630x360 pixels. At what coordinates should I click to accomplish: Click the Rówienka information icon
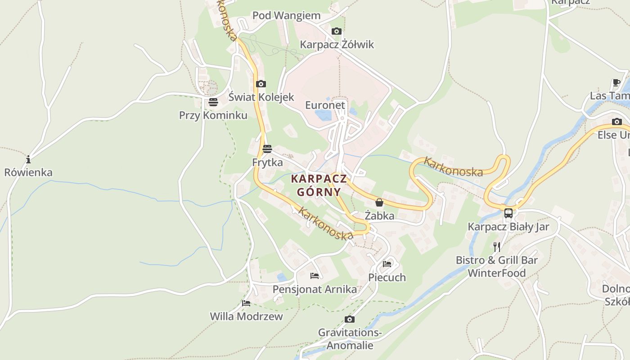(x=28, y=159)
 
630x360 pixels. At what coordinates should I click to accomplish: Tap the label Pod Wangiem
(x=286, y=15)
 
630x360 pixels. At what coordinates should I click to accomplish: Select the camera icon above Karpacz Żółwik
(x=336, y=31)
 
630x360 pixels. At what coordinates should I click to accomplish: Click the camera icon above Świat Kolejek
(x=261, y=84)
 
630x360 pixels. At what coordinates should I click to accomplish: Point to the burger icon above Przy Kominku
(x=213, y=102)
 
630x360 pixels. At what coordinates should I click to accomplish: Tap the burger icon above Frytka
(x=267, y=148)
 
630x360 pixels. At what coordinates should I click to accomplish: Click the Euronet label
(x=325, y=105)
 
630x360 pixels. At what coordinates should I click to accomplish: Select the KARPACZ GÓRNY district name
(x=319, y=185)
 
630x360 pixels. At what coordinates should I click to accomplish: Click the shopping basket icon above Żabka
(x=379, y=202)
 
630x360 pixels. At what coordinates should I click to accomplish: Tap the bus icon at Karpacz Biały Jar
(x=508, y=213)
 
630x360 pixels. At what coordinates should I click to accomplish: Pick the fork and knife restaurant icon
(x=496, y=247)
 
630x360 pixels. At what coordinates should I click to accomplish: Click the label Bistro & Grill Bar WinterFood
(x=496, y=266)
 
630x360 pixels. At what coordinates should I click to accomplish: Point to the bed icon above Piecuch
(x=387, y=264)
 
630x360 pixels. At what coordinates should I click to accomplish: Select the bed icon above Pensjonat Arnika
(x=315, y=275)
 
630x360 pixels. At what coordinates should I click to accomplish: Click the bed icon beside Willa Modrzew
(x=246, y=303)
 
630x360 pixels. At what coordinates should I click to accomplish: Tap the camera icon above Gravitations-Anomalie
(x=349, y=319)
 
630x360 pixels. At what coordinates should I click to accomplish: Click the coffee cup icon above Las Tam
(x=616, y=83)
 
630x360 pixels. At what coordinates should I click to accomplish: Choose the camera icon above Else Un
(x=616, y=121)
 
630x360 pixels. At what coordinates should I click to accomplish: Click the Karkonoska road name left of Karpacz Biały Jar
(x=453, y=166)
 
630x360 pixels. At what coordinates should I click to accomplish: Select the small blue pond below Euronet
(x=323, y=115)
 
